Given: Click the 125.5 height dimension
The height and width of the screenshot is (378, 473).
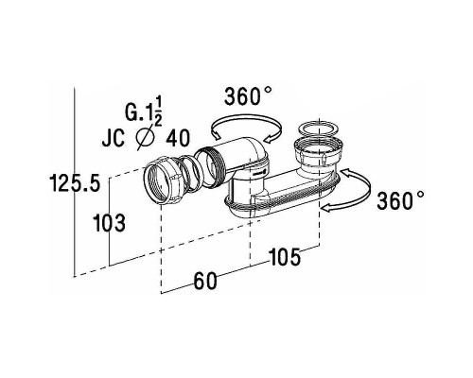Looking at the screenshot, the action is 75,183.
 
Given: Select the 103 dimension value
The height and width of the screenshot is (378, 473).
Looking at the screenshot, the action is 110,222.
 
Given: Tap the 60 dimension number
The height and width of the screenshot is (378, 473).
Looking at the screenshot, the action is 205,281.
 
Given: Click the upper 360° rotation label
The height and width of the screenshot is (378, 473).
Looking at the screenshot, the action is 248,95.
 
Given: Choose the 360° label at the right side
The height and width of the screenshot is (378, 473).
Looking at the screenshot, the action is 400,200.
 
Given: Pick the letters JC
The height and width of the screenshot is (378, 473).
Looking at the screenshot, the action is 114,138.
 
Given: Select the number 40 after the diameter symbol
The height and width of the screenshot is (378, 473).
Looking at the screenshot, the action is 178,138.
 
